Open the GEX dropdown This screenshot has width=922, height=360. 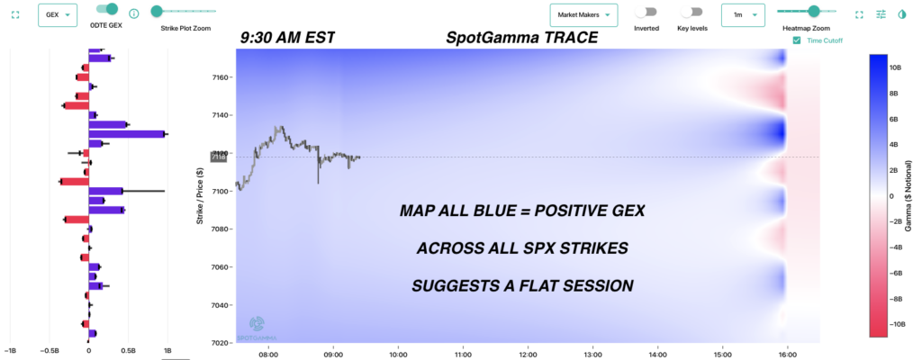pos(57,14)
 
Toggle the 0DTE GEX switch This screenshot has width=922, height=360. pos(107,9)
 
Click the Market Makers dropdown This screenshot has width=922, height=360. pos(583,14)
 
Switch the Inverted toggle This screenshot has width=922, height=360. pos(645,13)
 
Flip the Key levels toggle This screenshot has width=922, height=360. pos(691,13)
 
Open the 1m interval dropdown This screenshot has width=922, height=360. pos(743,14)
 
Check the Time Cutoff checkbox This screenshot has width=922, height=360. pos(797,40)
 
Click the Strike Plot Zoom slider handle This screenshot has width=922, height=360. pos(157,11)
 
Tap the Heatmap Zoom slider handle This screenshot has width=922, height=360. pos(814,11)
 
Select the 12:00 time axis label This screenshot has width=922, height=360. pos(528,353)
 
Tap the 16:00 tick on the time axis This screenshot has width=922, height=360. pos(788,353)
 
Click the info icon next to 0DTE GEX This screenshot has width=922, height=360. pos(133,13)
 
